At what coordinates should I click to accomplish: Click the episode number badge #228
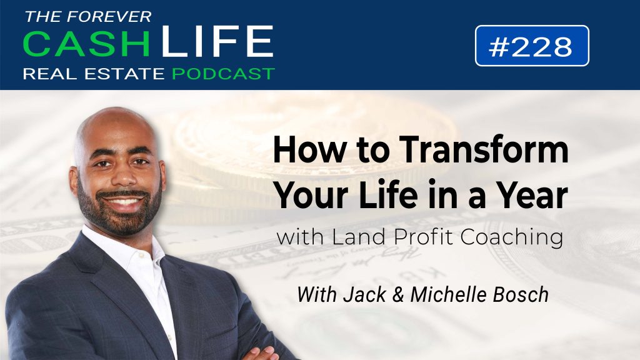click(x=532, y=46)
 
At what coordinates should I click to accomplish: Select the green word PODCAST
click(x=223, y=74)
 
